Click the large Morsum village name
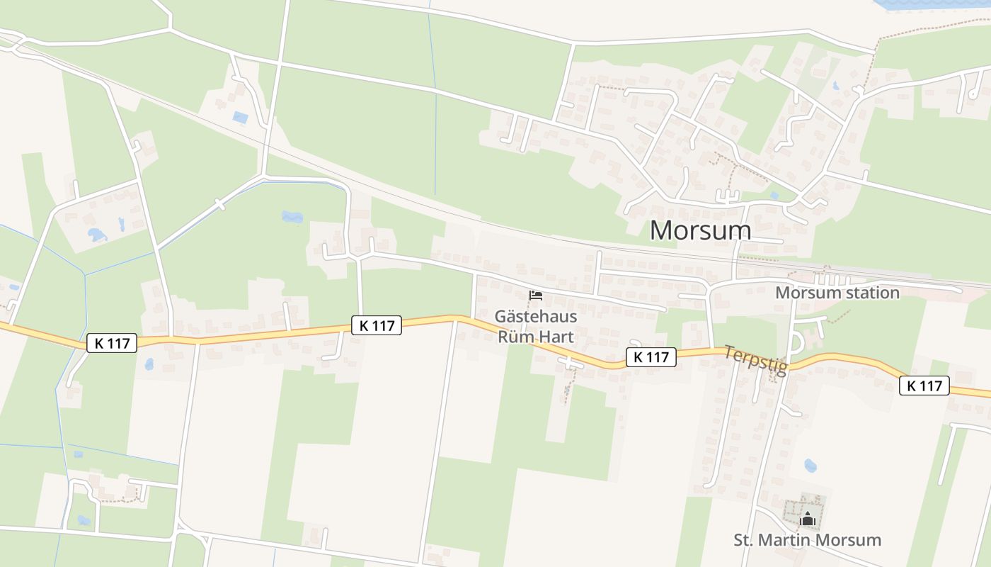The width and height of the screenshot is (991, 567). [x=700, y=230]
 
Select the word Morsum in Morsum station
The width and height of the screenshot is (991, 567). [x=802, y=293]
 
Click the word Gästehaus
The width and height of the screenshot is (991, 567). [x=535, y=317]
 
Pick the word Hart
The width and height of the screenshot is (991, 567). [x=556, y=337]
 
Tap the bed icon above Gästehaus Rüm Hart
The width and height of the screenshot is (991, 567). [x=536, y=295]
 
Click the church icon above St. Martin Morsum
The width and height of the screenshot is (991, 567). [x=807, y=520]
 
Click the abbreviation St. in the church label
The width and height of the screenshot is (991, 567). [x=743, y=540]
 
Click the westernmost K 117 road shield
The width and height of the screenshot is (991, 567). [x=112, y=344]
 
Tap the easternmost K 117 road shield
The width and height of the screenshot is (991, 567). [x=924, y=386]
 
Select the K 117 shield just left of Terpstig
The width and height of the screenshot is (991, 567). [x=651, y=357]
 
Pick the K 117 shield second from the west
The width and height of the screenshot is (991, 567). [x=377, y=325]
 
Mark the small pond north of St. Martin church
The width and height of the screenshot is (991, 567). [x=810, y=466]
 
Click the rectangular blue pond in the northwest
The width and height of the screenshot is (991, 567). [x=241, y=118]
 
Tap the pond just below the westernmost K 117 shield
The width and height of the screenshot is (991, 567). [x=149, y=364]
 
